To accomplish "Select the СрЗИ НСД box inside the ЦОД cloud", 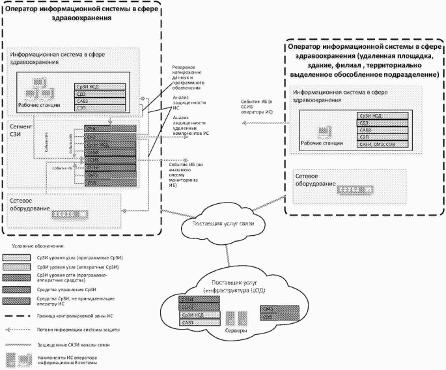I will tap(197, 315).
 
